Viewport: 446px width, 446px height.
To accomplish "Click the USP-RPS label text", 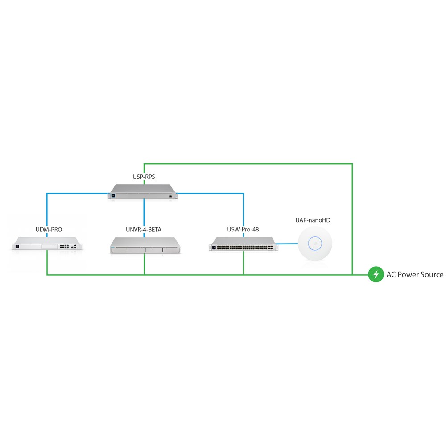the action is [x=144, y=177].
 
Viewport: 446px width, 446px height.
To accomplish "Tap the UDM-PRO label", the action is [x=49, y=230].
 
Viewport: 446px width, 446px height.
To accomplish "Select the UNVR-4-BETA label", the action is [x=144, y=230].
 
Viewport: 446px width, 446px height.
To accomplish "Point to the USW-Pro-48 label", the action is [x=243, y=230].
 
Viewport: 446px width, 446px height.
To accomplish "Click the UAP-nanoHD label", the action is [x=313, y=220].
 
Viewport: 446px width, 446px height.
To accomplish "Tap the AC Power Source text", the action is [x=415, y=274].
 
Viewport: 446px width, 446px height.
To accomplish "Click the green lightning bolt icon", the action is [x=376, y=274].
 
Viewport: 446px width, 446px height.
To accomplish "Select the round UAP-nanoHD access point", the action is [x=315, y=244].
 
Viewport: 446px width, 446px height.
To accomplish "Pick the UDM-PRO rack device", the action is [x=47, y=244].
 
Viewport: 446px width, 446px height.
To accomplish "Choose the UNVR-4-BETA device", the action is [x=145, y=245].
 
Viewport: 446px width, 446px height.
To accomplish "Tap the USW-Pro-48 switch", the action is [x=243, y=244].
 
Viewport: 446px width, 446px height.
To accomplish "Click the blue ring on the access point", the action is [x=315, y=244].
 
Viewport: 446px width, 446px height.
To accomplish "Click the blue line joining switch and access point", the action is [x=287, y=244].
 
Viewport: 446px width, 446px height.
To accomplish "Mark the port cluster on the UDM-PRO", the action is [x=64, y=246].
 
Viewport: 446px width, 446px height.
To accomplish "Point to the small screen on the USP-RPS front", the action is [x=113, y=196].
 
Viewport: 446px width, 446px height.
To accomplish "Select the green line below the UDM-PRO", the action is [x=47, y=263].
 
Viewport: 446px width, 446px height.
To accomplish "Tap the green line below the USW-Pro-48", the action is [x=244, y=263].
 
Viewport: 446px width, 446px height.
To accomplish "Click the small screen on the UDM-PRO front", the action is [x=17, y=246].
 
